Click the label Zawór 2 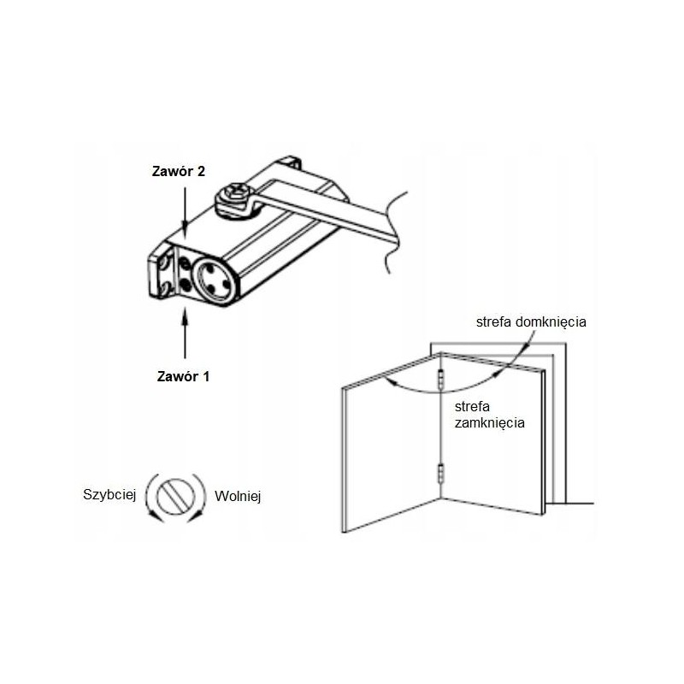[x=179, y=172]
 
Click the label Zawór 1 [x=183, y=376]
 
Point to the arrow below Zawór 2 [x=185, y=211]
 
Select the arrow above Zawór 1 [x=185, y=333]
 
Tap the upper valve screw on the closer [x=185, y=264]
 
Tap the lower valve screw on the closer [x=186, y=286]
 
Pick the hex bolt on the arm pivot [x=236, y=193]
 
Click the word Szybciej [x=109, y=495]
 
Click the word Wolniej [x=238, y=496]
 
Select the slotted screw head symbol [x=176, y=498]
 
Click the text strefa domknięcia [x=531, y=322]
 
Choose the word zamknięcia [x=489, y=422]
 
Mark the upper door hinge [x=441, y=379]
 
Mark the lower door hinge [x=441, y=474]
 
